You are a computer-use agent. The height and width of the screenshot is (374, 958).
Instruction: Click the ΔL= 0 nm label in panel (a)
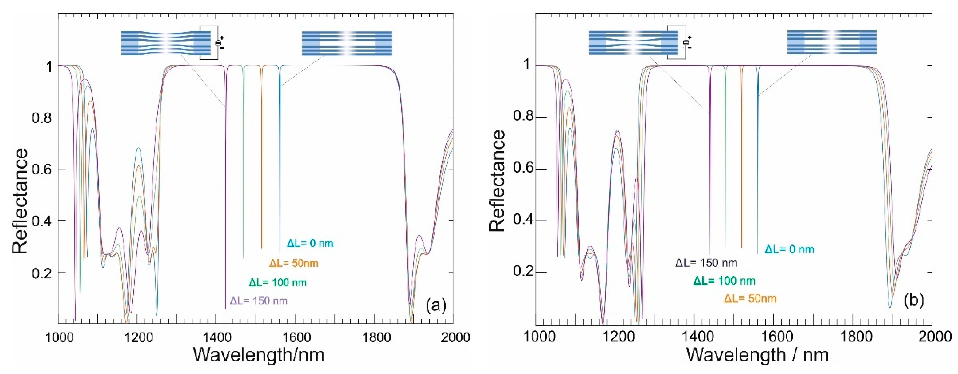pyautogui.click(x=310, y=244)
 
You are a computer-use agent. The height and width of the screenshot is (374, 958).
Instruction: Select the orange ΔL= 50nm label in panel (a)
pyautogui.click(x=294, y=264)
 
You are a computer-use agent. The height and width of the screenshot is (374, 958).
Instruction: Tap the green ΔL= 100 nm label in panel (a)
pyautogui.click(x=278, y=283)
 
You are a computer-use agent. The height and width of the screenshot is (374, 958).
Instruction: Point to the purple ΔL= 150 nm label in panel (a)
pyautogui.click(x=259, y=301)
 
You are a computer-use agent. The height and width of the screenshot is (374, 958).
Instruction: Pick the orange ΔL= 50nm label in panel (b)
pyautogui.click(x=750, y=299)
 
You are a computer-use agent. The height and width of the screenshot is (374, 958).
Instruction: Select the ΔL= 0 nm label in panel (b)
pyautogui.click(x=789, y=249)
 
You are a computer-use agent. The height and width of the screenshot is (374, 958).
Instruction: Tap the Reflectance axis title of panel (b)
pyautogui.click(x=497, y=181)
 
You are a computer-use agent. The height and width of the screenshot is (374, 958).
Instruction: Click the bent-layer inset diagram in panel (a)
pyautogui.click(x=166, y=43)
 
